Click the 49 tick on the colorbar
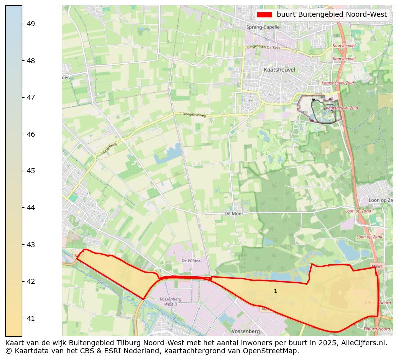[30, 24]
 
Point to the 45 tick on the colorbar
[30, 171]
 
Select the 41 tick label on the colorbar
[30, 318]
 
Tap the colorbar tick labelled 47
[30, 97]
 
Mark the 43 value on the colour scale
[30, 244]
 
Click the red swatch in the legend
[264, 15]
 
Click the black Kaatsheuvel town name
[279, 70]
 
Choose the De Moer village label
[234, 213]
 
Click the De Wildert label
[191, 261]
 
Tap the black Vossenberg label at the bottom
[246, 331]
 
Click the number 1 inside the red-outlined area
[275, 291]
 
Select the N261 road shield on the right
[377, 266]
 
